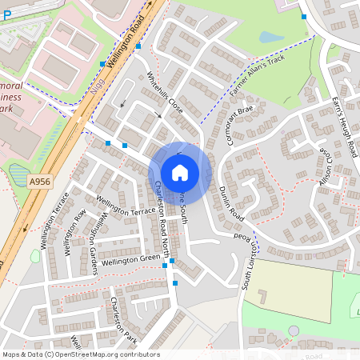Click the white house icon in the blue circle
tap(180, 172)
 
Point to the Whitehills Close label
tap(166, 94)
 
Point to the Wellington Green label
tap(131, 259)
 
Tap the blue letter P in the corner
tap(7, 14)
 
